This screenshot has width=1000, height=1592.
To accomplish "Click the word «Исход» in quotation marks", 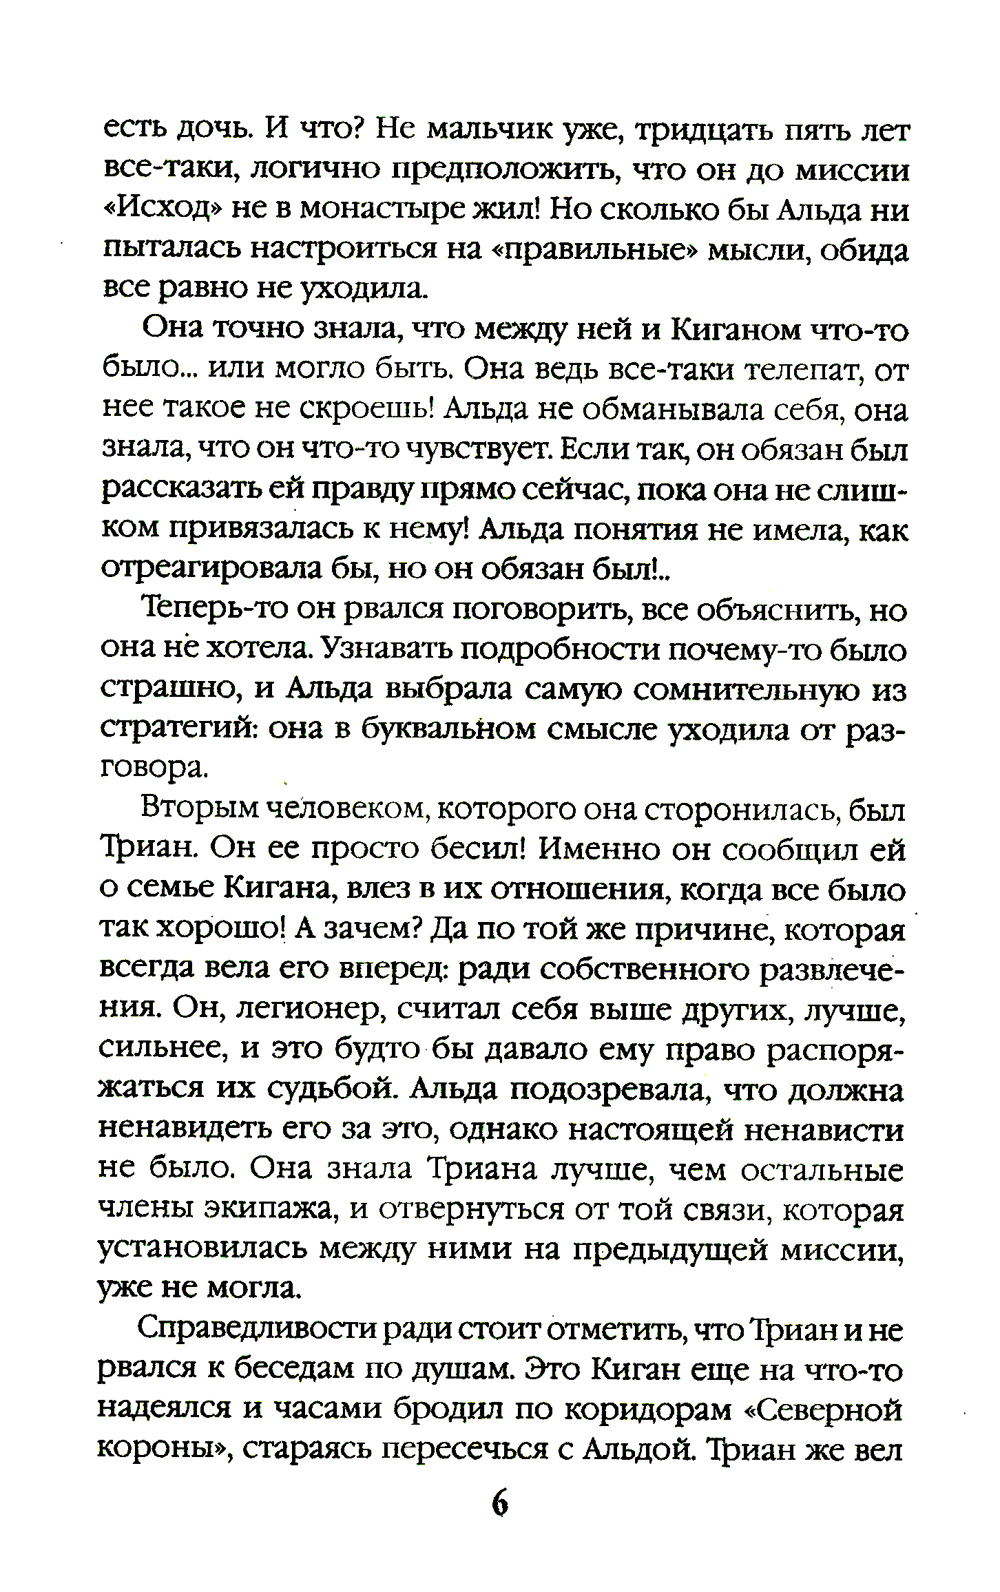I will pyautogui.click(x=164, y=210).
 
